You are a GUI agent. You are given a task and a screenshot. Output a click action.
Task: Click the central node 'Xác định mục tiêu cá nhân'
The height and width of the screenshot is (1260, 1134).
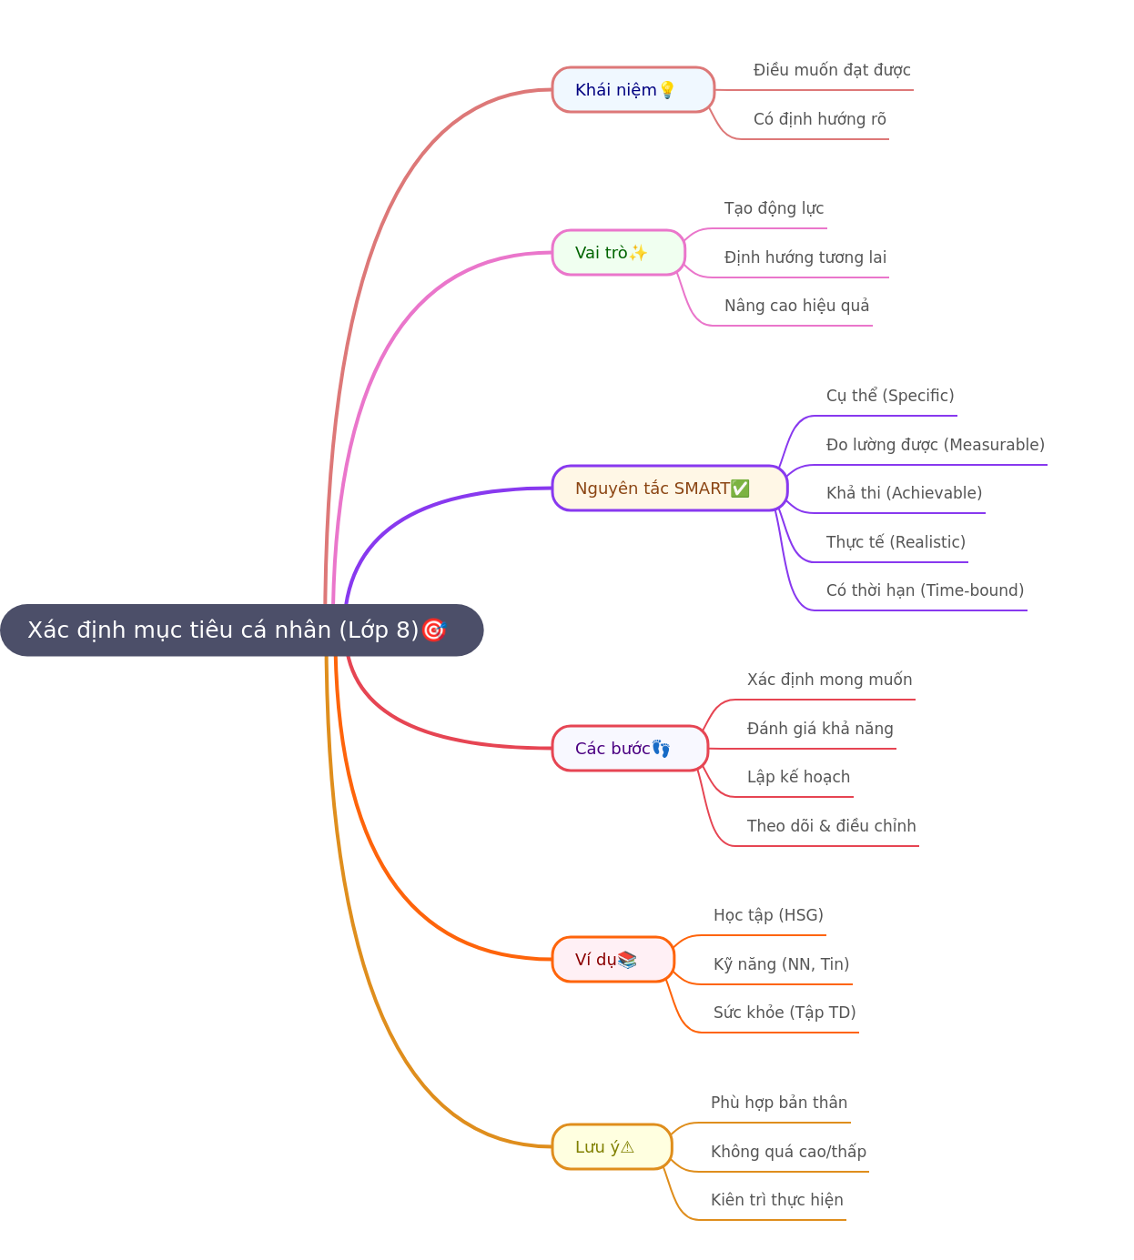pyautogui.click(x=241, y=630)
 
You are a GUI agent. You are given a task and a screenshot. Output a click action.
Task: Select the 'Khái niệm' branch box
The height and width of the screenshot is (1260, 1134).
pyautogui.click(x=633, y=90)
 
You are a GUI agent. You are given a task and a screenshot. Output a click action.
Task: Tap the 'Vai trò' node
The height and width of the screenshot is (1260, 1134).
pyautogui.click(x=618, y=253)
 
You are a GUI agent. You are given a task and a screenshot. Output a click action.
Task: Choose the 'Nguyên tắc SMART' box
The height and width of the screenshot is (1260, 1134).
pyautogui.click(x=670, y=488)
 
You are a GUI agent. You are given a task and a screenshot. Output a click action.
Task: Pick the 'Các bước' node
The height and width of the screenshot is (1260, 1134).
pyautogui.click(x=630, y=748)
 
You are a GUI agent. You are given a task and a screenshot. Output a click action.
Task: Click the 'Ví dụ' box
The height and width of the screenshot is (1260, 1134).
pyautogui.click(x=613, y=959)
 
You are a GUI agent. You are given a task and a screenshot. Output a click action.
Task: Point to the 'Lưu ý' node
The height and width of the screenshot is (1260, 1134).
pyautogui.click(x=612, y=1147)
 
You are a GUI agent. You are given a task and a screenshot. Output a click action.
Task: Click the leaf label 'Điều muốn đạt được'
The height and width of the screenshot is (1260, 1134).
pyautogui.click(x=832, y=70)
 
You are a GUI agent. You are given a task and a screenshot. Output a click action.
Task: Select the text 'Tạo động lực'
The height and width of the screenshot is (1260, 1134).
pyautogui.click(x=774, y=208)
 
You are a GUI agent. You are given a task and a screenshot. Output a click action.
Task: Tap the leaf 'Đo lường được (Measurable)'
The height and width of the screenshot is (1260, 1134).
pyautogui.click(x=936, y=445)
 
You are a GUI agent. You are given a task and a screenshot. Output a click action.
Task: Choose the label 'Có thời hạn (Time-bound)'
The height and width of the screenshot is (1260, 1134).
pyautogui.click(x=925, y=590)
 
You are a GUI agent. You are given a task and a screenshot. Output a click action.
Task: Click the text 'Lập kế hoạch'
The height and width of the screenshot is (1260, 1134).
pyautogui.click(x=798, y=777)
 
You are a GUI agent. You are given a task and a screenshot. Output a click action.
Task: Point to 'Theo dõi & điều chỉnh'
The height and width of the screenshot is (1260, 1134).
pyautogui.click(x=831, y=826)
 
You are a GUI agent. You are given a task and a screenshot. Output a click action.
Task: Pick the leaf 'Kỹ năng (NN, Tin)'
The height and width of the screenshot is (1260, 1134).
pyautogui.click(x=782, y=964)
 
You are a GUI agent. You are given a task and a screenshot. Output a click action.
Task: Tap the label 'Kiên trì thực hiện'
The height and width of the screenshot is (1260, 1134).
pyautogui.click(x=777, y=1200)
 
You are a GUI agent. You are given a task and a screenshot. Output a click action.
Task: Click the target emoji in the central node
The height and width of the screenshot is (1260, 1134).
pyautogui.click(x=434, y=630)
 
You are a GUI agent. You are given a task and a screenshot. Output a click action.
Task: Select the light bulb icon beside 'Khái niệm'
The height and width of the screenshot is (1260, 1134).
pyautogui.click(x=667, y=90)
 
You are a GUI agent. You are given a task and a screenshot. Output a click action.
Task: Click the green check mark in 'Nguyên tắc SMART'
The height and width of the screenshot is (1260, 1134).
pyautogui.click(x=740, y=488)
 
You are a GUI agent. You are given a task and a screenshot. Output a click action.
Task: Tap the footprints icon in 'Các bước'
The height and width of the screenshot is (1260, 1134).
pyautogui.click(x=661, y=748)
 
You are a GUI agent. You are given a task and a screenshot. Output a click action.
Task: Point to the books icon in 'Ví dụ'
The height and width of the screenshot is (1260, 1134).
pyautogui.click(x=627, y=959)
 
